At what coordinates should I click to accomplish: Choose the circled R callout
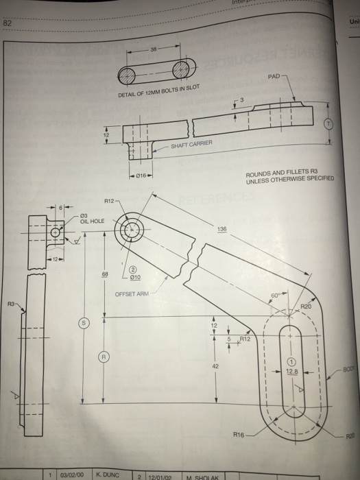pyautogui.click(x=104, y=358)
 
